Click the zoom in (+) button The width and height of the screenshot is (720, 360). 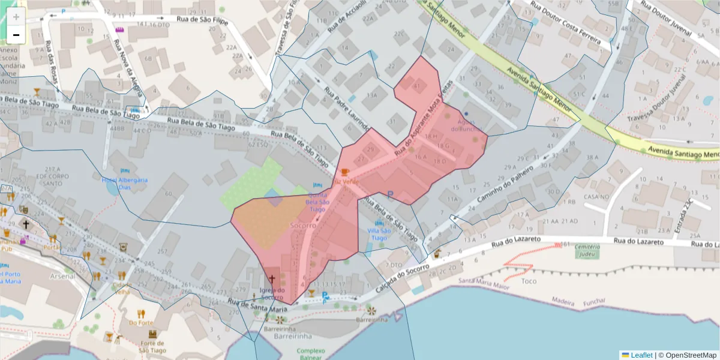point(16,17)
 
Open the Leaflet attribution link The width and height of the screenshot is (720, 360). point(641,355)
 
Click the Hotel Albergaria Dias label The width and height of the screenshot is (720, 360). point(125,183)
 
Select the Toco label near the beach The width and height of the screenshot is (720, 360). point(529,281)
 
